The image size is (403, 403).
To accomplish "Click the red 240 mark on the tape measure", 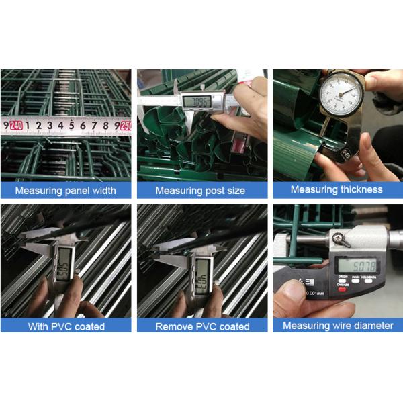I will tap(16, 125).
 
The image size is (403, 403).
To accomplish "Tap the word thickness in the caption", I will tap(359, 190).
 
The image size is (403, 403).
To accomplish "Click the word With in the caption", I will tap(38, 327).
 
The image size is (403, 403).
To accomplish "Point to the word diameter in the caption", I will tap(371, 326).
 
